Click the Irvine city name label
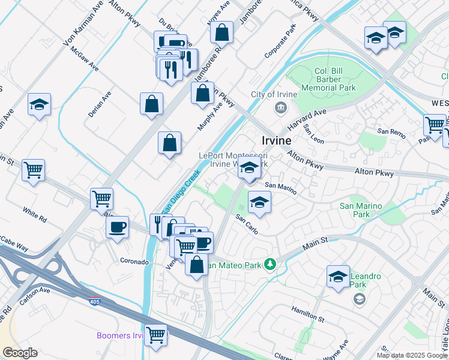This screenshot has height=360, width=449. pos(277,140)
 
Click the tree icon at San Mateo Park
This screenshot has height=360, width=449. pos(271,264)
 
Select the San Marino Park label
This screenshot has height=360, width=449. pos(361,210)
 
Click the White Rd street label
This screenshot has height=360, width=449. pos(34,211)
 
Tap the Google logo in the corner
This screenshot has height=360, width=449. pos(19,353)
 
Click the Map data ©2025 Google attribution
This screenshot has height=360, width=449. pos(412,355)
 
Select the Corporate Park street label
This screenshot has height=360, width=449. pos(281,42)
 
